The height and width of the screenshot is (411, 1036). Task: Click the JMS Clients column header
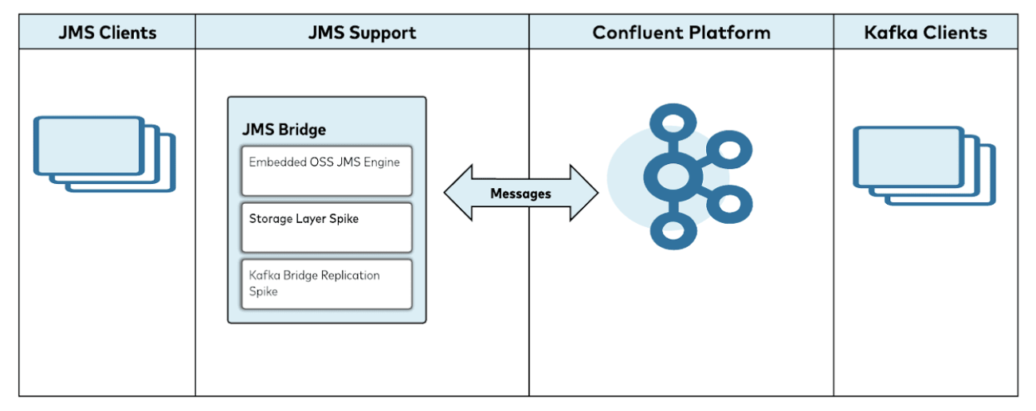(x=107, y=33)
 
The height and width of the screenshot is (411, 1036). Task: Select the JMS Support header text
(x=362, y=33)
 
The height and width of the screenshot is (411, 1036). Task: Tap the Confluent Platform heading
(x=681, y=33)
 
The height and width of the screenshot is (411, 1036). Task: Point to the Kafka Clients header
(x=925, y=33)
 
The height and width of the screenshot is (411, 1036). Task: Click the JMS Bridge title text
(x=284, y=130)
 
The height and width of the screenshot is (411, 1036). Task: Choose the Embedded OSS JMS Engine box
(x=327, y=170)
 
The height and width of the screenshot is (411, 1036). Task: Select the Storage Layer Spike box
(x=327, y=227)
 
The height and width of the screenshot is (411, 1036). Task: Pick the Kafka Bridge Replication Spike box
(x=327, y=284)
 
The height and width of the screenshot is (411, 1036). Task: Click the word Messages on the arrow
(x=520, y=194)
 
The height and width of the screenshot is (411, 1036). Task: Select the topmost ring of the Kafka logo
(x=668, y=124)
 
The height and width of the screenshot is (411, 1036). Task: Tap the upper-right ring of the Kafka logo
(x=724, y=149)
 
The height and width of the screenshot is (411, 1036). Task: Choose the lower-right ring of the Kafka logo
(x=724, y=204)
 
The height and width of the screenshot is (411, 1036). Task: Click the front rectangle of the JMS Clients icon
(x=88, y=145)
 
